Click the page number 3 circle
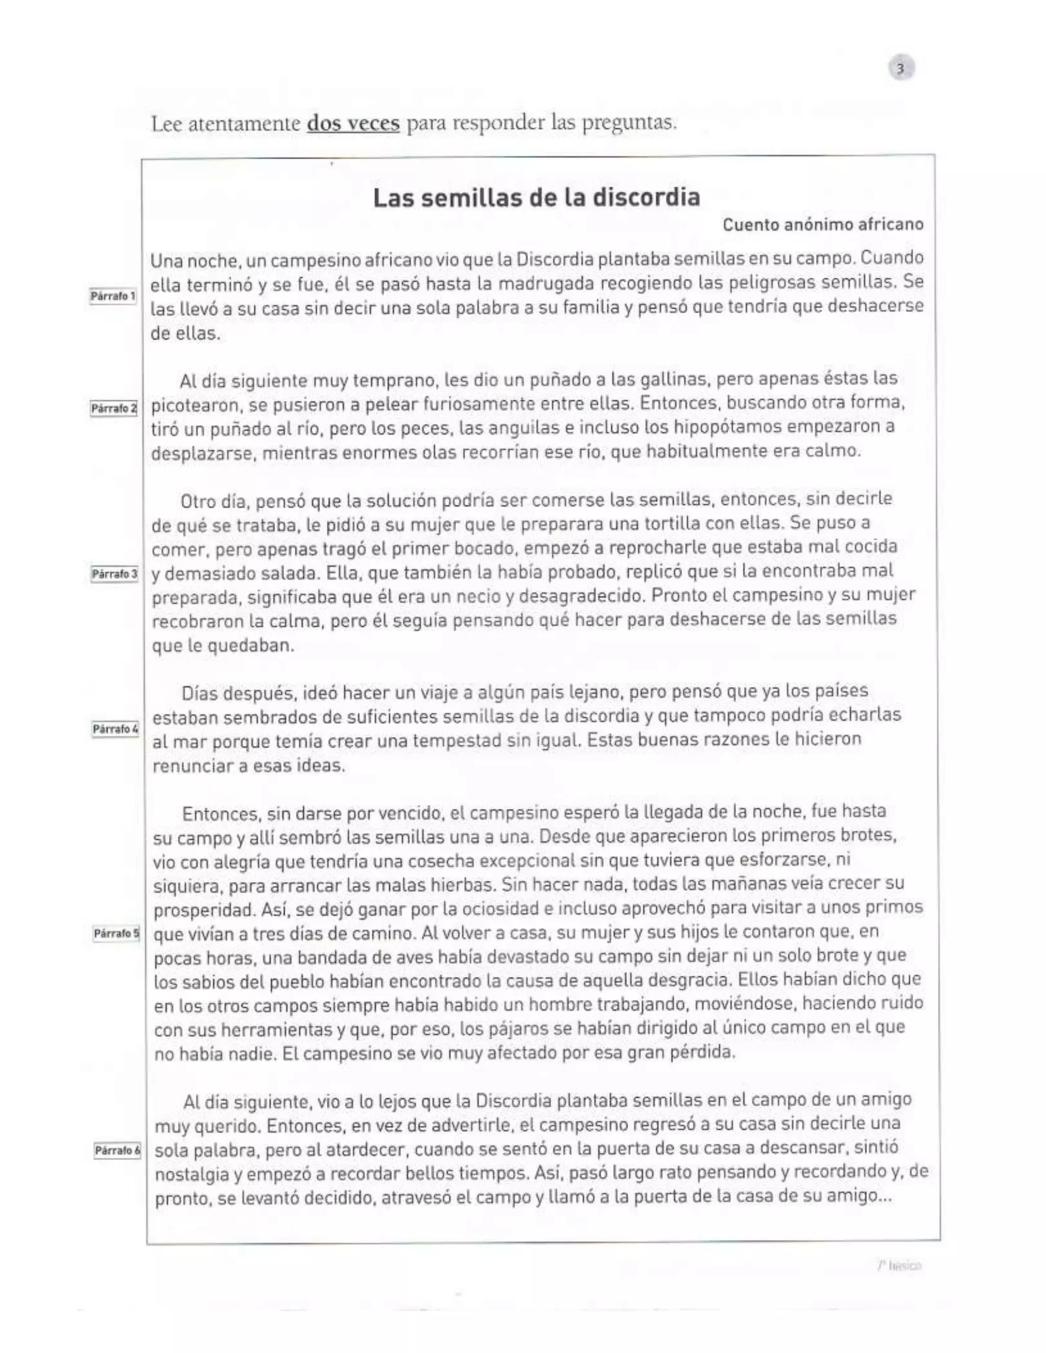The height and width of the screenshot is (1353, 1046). (901, 68)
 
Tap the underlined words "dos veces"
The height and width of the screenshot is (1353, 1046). (353, 123)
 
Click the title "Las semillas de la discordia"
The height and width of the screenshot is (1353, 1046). (537, 198)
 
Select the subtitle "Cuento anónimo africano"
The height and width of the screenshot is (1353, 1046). (823, 224)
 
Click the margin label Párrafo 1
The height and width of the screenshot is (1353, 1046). (113, 296)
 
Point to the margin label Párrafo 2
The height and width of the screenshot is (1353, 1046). (113, 408)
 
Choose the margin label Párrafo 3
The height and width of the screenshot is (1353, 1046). (114, 574)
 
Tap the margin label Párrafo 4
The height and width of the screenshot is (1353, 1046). (115, 729)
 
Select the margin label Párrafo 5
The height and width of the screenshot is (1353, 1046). (116, 933)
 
